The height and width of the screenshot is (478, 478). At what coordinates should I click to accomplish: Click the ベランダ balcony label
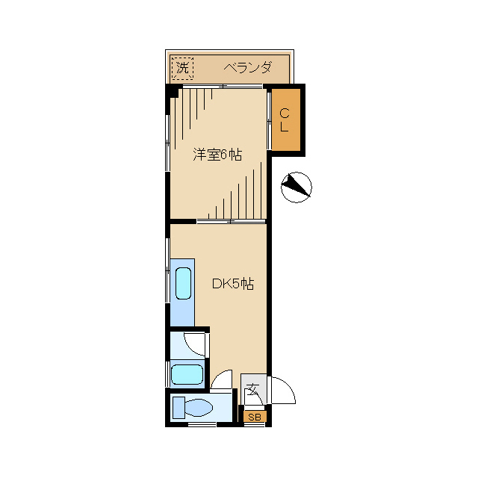tap(247, 68)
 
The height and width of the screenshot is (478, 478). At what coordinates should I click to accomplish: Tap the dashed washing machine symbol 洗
tap(182, 68)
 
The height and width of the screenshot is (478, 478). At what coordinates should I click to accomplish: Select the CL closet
tap(286, 119)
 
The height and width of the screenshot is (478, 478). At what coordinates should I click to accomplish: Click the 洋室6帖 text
tap(217, 155)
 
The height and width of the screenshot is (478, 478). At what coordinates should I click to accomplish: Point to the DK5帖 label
tap(233, 284)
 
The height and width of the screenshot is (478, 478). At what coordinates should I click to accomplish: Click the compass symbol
tap(296, 187)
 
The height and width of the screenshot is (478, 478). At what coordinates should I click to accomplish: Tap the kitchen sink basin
tap(184, 283)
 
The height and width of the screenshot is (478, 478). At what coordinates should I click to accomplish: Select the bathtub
tap(187, 375)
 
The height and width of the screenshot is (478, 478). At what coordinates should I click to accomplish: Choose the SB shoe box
tap(255, 417)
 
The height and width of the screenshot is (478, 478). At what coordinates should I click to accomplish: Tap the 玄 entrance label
tap(253, 389)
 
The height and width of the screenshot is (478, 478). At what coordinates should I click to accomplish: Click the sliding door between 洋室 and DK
tap(232, 221)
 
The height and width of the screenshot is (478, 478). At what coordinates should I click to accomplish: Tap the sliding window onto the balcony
tap(223, 87)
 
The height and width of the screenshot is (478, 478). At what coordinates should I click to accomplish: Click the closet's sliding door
tap(269, 121)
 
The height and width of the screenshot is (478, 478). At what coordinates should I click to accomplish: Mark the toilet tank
tap(179, 408)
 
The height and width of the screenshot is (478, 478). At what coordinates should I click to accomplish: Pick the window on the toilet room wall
tap(202, 424)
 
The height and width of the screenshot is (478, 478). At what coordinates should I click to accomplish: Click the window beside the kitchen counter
tap(167, 270)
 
